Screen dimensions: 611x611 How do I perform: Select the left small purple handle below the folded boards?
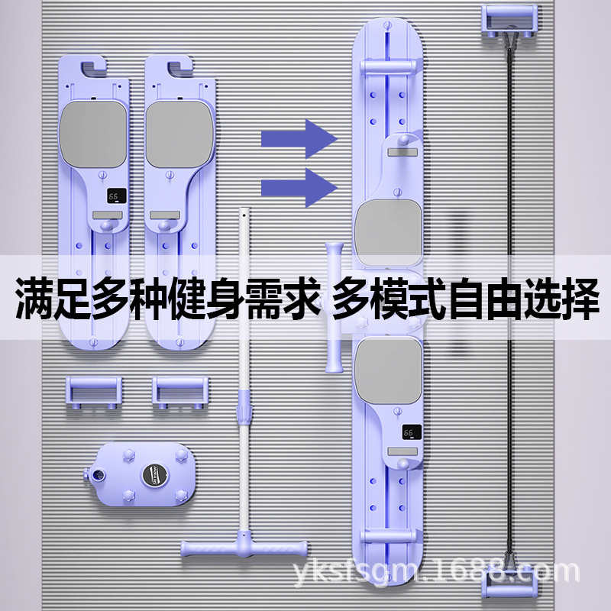pos(91,390)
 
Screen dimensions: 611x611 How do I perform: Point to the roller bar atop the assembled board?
pos(388,66)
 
